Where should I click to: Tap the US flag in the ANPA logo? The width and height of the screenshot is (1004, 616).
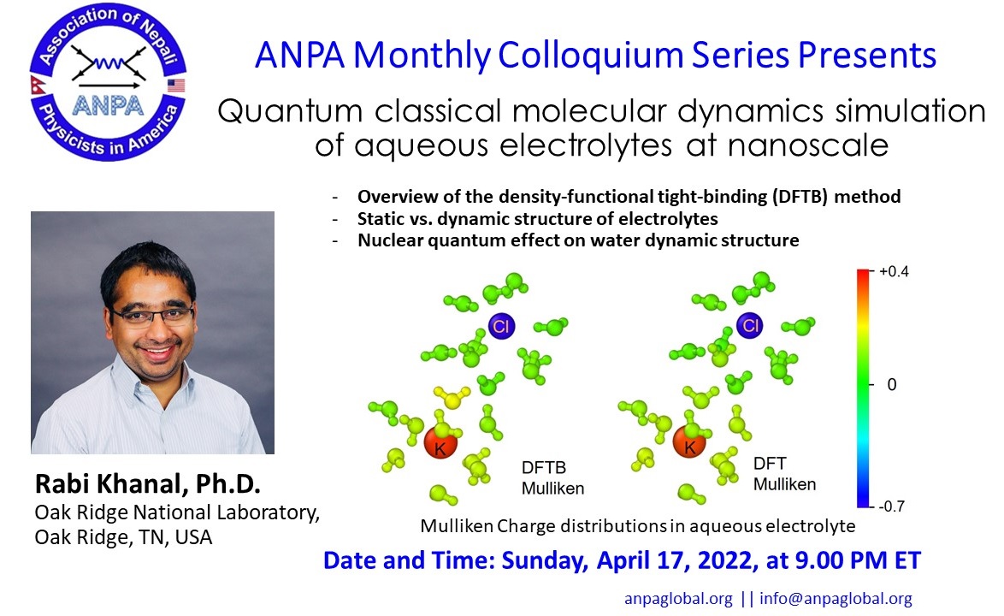point(176,86)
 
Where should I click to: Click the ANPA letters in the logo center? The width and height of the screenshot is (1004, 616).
point(108,105)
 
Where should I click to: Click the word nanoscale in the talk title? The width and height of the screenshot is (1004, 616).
point(808,145)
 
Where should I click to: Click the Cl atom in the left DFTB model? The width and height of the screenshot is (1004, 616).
point(501,326)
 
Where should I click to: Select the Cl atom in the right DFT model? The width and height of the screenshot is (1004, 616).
point(750,325)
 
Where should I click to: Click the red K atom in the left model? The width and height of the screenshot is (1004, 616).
point(440,441)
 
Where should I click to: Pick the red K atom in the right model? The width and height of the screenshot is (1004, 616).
point(689,441)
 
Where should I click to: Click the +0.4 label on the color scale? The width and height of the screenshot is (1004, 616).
point(894,271)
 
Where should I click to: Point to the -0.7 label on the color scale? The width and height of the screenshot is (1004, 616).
point(891,506)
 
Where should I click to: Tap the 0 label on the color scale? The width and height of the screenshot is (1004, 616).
point(892,385)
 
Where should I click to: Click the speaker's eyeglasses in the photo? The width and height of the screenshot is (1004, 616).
point(152,317)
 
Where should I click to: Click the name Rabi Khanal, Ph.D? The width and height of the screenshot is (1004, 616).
point(148,484)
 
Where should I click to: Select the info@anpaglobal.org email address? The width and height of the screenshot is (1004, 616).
point(836,599)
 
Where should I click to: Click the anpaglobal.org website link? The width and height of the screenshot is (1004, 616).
point(678,599)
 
